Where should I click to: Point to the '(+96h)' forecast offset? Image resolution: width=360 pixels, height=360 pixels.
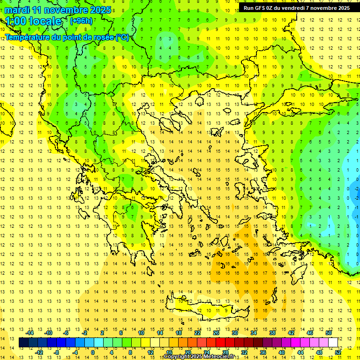point(81,21)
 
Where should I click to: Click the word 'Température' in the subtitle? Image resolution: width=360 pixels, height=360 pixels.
point(28,37)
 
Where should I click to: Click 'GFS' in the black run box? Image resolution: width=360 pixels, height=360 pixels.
point(261,8)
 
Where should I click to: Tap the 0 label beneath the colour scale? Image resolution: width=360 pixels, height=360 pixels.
point(92,352)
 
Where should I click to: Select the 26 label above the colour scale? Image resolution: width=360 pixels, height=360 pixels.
point(216,333)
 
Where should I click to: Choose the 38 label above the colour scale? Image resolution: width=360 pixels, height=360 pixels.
point(272,333)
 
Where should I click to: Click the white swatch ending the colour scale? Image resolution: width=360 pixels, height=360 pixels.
point(333,343)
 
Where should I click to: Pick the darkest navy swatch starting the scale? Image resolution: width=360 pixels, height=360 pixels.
point(23,343)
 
